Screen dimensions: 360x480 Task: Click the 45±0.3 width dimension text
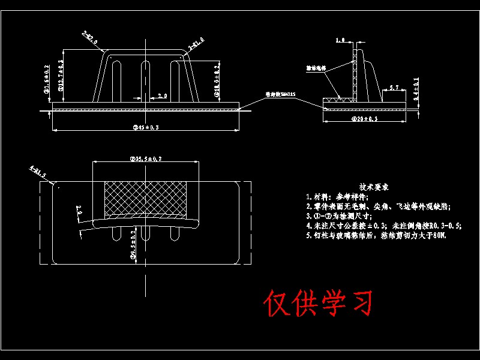tap(145, 128)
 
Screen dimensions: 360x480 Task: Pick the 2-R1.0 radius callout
tap(196, 43)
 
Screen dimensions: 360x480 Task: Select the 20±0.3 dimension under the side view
tap(364, 119)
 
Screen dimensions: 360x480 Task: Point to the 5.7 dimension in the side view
tap(394, 88)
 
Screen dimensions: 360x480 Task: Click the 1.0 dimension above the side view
tap(340, 41)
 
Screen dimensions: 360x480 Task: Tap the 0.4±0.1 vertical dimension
tap(416, 88)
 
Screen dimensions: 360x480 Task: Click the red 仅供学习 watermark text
tap(318, 304)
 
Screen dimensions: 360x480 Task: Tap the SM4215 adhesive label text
tap(281, 94)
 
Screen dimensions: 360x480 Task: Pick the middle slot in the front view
tap(145, 78)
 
